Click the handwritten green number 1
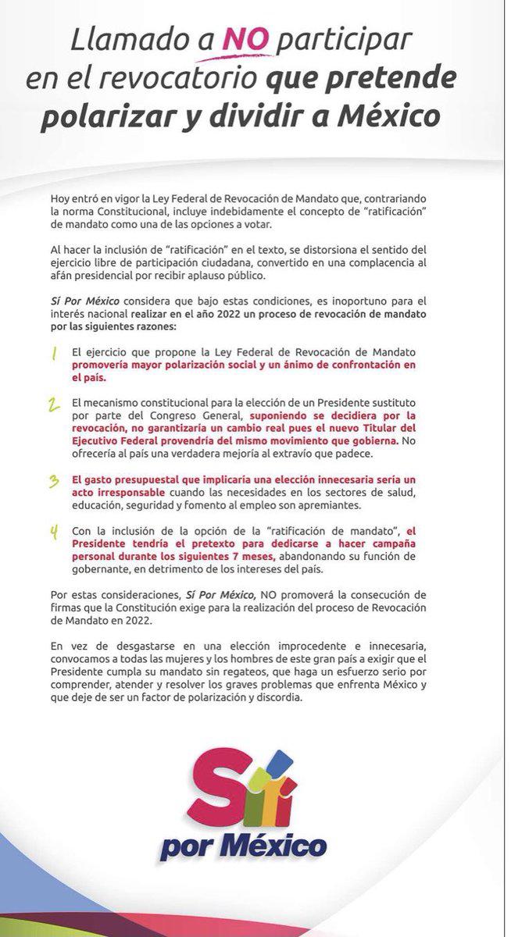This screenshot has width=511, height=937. click(53, 354)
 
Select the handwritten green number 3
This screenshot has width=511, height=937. click(53, 483)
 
